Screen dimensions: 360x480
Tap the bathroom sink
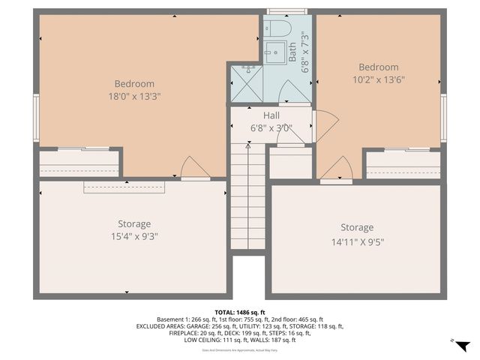[274, 52]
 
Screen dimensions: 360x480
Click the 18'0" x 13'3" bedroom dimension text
[134, 96]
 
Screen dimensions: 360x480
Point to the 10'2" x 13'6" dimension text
[378, 79]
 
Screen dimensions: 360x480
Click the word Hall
[271, 115]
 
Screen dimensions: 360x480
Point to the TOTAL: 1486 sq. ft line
[240, 313]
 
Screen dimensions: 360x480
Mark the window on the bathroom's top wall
[287, 11]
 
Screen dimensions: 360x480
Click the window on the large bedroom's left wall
[35, 116]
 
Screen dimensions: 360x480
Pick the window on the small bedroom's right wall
[444, 117]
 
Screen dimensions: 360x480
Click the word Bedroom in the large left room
[134, 84]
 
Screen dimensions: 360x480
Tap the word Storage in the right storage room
[356, 228]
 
